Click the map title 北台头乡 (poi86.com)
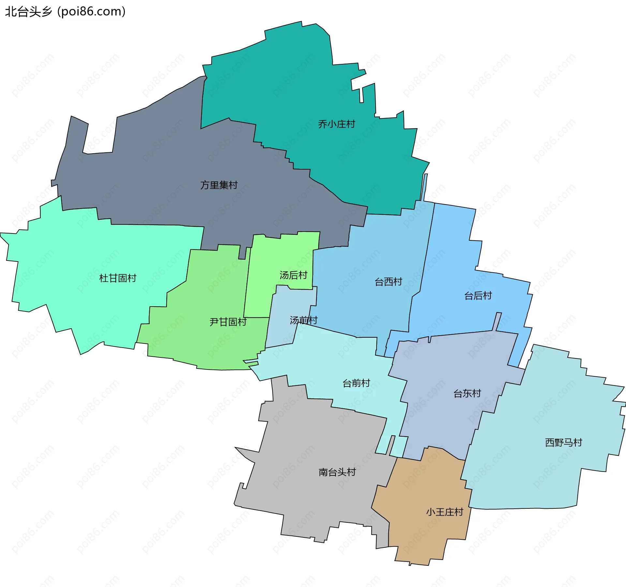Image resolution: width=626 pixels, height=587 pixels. click(x=65, y=12)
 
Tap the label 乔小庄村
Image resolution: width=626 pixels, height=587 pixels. click(x=336, y=124)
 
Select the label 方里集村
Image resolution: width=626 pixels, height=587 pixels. click(x=219, y=185)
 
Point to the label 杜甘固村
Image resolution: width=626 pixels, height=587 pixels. click(x=118, y=278)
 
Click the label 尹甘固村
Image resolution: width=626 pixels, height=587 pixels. click(x=228, y=322)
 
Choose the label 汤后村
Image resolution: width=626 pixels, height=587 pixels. click(x=293, y=275)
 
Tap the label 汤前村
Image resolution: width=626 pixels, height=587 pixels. click(x=304, y=320)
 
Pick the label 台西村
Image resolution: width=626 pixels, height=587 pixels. click(x=388, y=282)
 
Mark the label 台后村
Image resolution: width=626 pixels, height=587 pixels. click(x=478, y=296)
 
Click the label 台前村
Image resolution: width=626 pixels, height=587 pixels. click(x=356, y=383)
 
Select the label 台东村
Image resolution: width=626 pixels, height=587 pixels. click(x=467, y=394)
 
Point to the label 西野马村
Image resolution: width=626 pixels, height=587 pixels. click(x=563, y=443)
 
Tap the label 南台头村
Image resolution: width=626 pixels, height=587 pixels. click(x=337, y=472)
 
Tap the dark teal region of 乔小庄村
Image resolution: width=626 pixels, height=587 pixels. click(x=293, y=82)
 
